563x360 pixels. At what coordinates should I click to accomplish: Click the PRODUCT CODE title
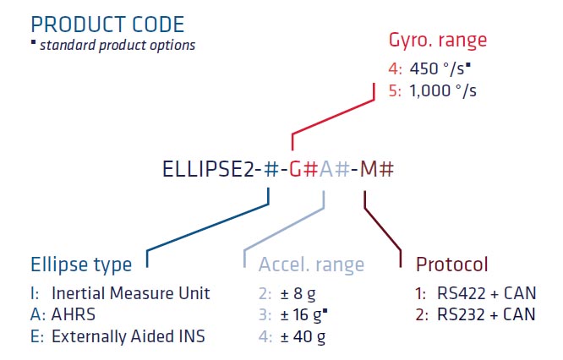coord(107,25)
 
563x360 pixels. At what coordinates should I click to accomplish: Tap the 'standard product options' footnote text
coord(118,46)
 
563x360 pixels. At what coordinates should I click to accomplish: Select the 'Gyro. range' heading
coord(438,40)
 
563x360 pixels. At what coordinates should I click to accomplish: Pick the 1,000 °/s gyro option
coord(443,90)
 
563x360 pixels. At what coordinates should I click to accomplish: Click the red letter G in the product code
coord(295,169)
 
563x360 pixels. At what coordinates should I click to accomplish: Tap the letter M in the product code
coord(369,169)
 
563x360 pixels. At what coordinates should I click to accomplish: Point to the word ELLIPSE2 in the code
coord(208,169)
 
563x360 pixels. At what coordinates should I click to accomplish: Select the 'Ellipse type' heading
coord(81,265)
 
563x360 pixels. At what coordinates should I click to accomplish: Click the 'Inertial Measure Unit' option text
coord(131,293)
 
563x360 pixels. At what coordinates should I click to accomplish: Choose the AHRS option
coord(74,314)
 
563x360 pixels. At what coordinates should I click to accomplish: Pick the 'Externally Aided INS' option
coord(128,336)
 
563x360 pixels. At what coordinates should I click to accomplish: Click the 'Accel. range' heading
coord(311,265)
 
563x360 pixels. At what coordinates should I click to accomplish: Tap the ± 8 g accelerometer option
coord(298,294)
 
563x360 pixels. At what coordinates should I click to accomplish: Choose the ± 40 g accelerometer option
coord(303,337)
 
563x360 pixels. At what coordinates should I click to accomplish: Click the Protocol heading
coord(451,265)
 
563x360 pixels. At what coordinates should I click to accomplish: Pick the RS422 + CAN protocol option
coord(487,293)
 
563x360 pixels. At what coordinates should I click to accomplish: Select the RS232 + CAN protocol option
coord(486,314)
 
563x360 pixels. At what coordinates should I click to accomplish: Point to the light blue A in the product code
coord(326,169)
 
